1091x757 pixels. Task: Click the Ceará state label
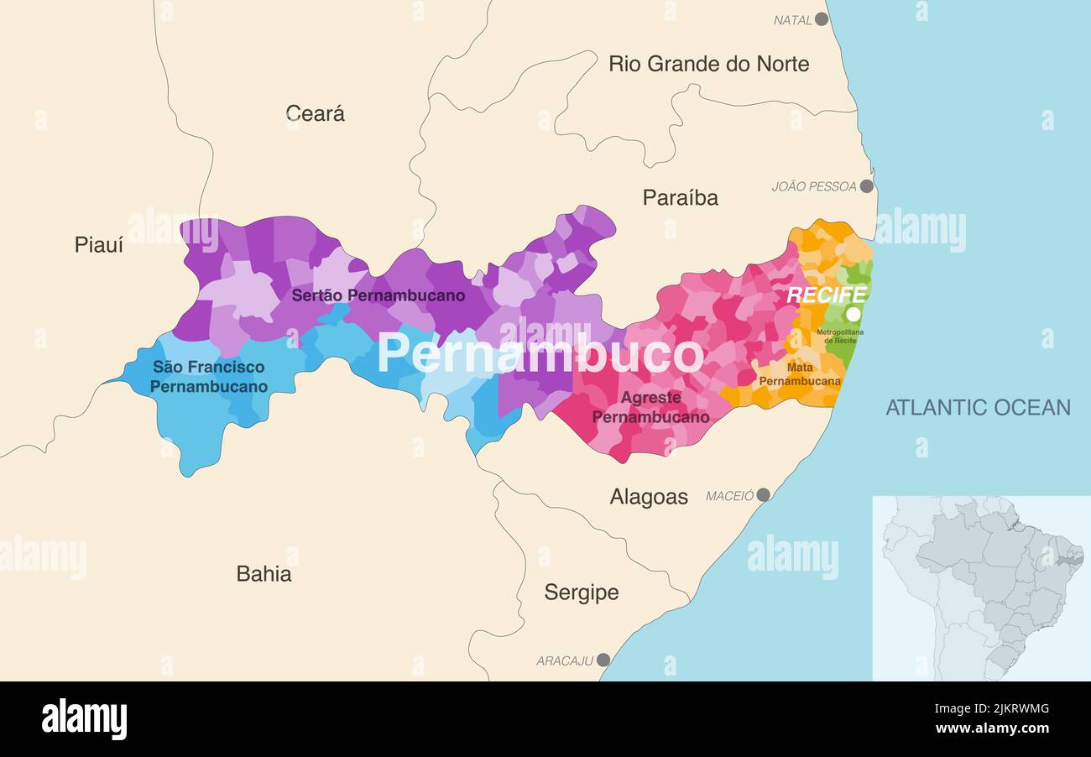[x=315, y=113]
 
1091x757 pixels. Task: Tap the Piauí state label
[x=98, y=245]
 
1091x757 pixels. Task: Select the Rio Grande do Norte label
[x=708, y=64]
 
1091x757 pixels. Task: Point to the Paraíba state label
[x=680, y=198]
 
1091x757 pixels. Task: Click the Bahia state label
[x=264, y=574]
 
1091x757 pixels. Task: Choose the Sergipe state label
[x=581, y=593]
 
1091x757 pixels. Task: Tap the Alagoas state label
[x=648, y=497]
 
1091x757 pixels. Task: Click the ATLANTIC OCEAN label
[x=978, y=408]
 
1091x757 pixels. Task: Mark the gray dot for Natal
[x=822, y=18]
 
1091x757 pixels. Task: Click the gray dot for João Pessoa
[x=866, y=186]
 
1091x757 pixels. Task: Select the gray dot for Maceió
[x=763, y=495]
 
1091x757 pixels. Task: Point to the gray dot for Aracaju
[x=603, y=660]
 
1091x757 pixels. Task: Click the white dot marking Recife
[x=853, y=314]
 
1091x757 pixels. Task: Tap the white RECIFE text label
[x=826, y=295]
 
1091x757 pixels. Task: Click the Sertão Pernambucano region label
[x=378, y=295]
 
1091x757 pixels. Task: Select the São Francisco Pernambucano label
[x=209, y=377]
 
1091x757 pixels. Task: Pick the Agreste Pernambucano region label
[x=650, y=407]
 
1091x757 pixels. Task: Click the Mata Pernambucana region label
[x=799, y=374]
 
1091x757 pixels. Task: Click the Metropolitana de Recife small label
[x=839, y=337]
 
